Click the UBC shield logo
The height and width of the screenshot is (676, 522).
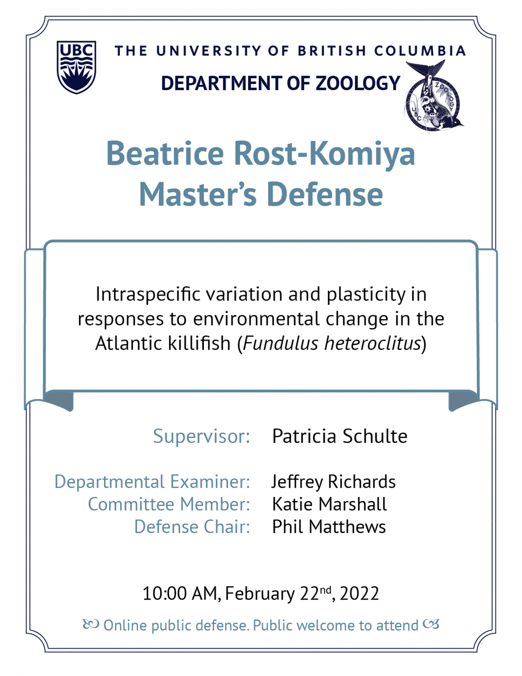[x=76, y=67]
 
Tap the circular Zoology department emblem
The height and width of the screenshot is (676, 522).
[x=434, y=96]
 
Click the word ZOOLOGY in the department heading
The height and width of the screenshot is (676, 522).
[x=358, y=83]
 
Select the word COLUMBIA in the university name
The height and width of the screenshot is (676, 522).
[x=420, y=51]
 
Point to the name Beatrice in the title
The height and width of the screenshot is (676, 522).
[x=165, y=153]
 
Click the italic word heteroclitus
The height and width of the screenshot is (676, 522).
[x=372, y=343]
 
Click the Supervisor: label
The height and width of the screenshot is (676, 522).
[x=202, y=437]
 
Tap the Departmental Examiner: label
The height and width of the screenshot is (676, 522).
[x=152, y=482]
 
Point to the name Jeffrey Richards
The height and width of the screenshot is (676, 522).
[x=333, y=482]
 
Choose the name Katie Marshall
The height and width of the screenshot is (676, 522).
[x=329, y=504]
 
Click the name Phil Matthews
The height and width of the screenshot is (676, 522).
[x=329, y=527]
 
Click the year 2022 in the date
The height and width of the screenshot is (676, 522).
[x=359, y=593]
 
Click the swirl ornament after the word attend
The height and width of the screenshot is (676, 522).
[x=431, y=624]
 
